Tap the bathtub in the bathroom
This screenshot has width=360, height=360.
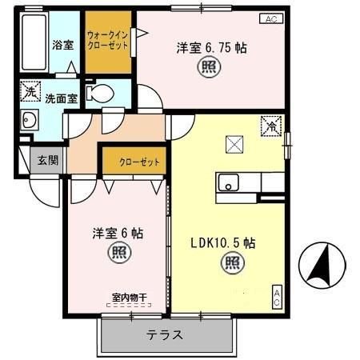(34, 43)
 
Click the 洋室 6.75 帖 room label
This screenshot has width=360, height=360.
(211, 47)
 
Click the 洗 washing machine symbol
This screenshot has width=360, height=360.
(30, 92)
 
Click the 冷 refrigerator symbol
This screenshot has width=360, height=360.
(272, 126)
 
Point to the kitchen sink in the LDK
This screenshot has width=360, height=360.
(230, 183)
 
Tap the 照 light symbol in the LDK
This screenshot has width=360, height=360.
(231, 261)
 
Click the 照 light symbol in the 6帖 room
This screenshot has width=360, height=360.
(117, 254)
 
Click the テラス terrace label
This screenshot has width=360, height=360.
(165, 335)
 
